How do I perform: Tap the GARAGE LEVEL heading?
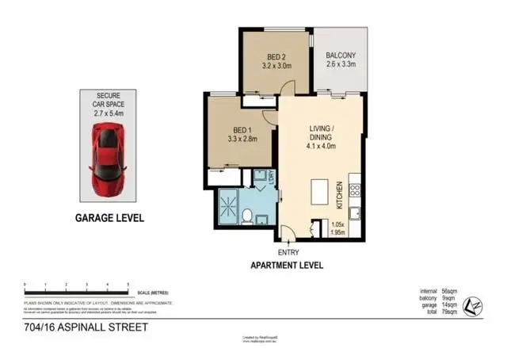click(x=109, y=217)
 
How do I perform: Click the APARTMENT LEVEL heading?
click(x=287, y=266)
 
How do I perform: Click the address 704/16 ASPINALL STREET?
click(x=75, y=327)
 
